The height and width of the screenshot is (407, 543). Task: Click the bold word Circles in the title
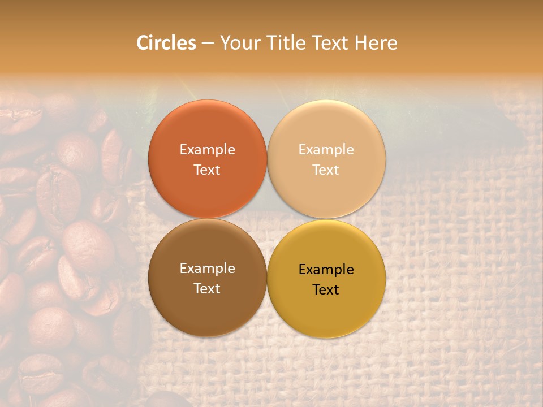[x=166, y=43]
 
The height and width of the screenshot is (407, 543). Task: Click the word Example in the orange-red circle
[x=207, y=150]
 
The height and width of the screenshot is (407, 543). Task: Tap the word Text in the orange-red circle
[x=207, y=170]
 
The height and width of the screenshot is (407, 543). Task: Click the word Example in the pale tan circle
[x=326, y=150]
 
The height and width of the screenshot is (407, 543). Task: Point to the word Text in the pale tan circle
[x=326, y=170]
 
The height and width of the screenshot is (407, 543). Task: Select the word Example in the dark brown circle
[x=207, y=269]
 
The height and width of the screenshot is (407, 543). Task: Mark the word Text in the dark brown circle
[x=207, y=289]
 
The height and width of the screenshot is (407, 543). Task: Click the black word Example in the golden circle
[x=326, y=270]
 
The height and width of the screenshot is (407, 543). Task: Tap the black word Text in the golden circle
[x=326, y=290]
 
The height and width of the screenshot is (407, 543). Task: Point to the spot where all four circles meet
[x=267, y=219]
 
